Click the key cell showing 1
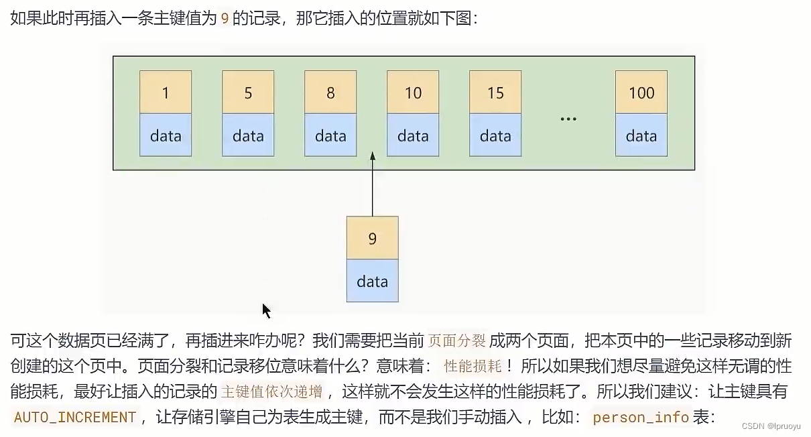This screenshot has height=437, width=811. coord(166,92)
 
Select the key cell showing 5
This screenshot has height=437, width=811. coord(248,92)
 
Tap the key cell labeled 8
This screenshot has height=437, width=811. coord(330,92)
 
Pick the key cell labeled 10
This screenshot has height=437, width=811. coord(413,92)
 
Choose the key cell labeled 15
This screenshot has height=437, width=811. coord(495,92)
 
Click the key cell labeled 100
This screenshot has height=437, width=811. coord(641,92)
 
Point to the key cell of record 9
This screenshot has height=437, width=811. coord(373,238)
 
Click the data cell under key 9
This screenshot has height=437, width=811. coord(373,281)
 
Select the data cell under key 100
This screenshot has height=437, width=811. coord(641,135)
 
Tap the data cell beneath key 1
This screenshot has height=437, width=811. coord(166,135)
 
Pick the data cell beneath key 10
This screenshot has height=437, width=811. coord(413,135)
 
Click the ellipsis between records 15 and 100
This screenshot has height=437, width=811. coord(568,119)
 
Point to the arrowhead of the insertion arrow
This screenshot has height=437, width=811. coord(373,156)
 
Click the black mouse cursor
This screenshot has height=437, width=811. coord(266,310)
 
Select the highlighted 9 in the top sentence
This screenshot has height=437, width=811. coord(225,19)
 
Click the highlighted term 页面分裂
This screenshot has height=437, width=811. coord(456,340)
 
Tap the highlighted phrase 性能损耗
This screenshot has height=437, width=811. coord(473,366)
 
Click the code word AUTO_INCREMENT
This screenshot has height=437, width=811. coord(75,418)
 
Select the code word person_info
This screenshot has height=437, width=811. coord(641,418)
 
